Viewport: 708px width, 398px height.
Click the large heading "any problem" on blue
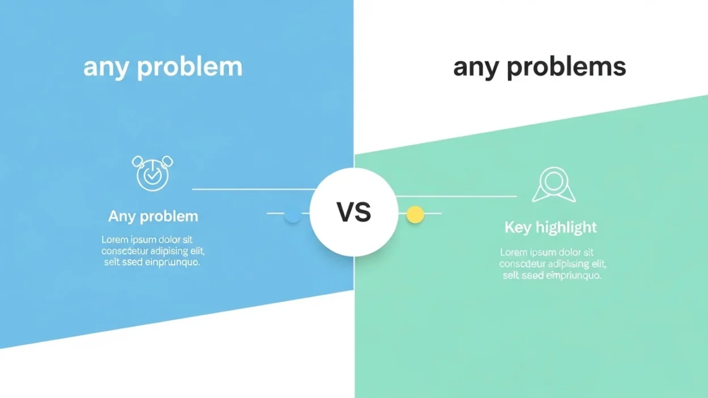click(x=163, y=67)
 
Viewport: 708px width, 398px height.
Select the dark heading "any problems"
click(x=539, y=67)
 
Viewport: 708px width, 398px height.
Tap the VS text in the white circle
click(x=354, y=213)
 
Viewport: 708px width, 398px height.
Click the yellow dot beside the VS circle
click(x=415, y=214)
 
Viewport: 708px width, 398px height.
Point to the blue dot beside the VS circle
click(x=292, y=215)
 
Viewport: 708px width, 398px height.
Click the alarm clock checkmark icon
click(x=152, y=173)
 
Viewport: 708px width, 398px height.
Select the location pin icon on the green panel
click(x=553, y=185)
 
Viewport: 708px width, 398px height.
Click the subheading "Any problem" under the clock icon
click(x=153, y=216)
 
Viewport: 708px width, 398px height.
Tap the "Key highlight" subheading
click(x=550, y=227)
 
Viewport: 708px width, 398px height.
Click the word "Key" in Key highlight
click(x=517, y=227)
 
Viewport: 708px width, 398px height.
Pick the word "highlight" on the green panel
click(x=566, y=227)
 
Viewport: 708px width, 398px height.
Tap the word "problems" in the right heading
click(x=574, y=67)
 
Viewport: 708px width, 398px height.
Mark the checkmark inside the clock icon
click(x=152, y=176)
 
